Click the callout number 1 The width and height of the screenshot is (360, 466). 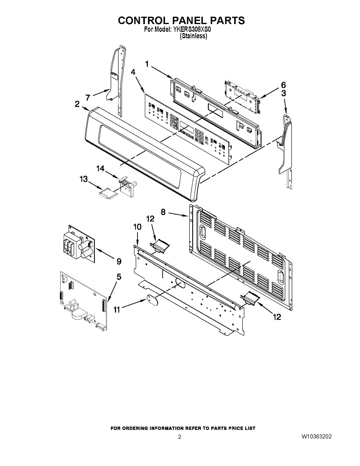click(147, 64)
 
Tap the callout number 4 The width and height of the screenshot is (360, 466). click(133, 72)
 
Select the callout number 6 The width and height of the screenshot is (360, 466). click(283, 85)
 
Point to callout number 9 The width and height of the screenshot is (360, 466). click(119, 261)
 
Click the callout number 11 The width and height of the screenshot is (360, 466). click(117, 310)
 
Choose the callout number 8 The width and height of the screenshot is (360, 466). click(163, 212)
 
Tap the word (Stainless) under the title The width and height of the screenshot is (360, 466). click(193, 36)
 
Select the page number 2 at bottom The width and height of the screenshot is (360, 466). click(180, 437)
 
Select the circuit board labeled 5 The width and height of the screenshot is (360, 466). click(83, 301)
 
